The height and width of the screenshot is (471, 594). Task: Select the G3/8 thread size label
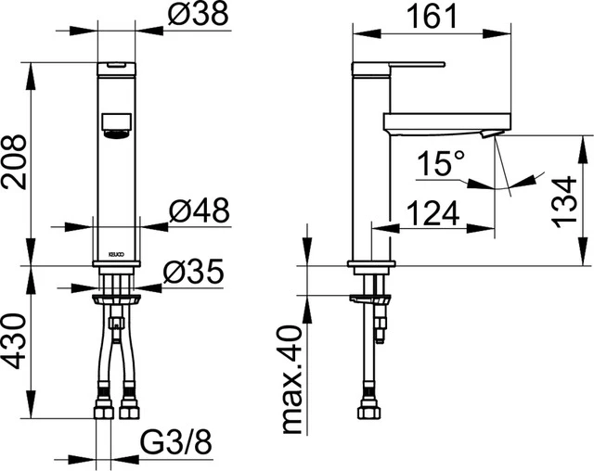coord(175,443)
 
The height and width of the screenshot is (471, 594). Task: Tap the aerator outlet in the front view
coord(116,126)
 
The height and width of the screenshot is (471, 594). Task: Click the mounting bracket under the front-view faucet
coord(116,299)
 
